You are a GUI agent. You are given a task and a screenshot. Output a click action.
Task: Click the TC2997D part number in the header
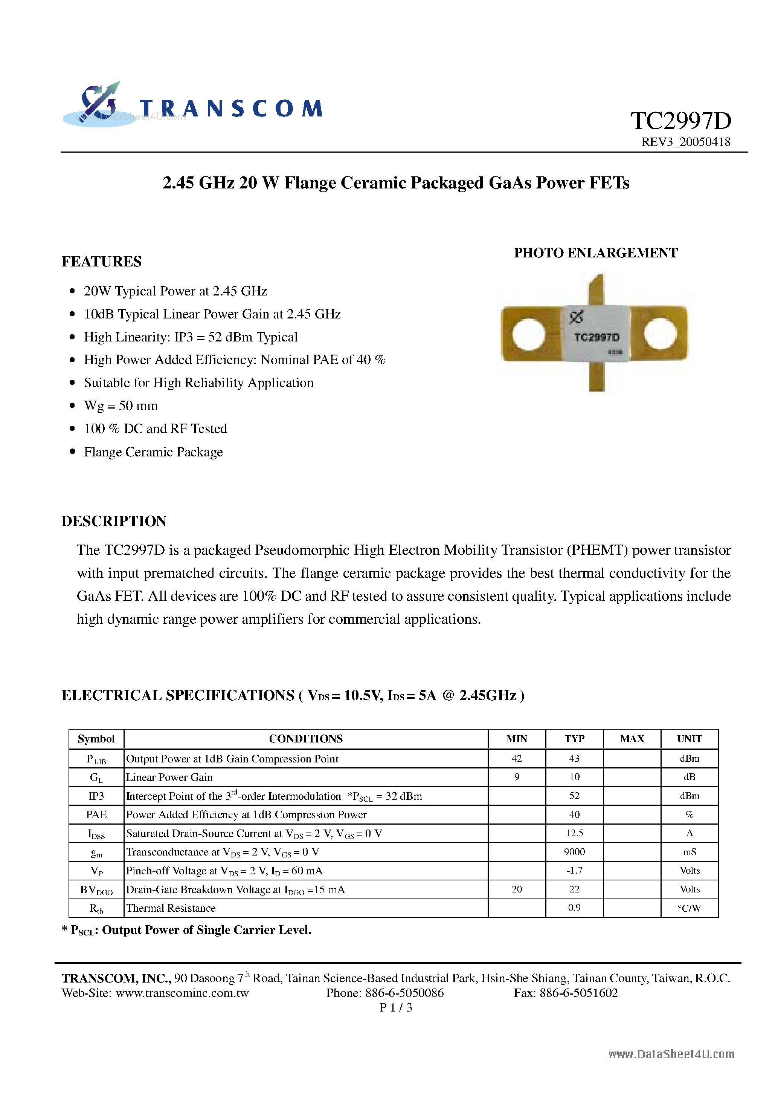(x=680, y=121)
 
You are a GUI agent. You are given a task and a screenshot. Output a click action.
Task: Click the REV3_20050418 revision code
(x=685, y=142)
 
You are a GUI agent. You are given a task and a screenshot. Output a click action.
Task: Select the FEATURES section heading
(x=102, y=262)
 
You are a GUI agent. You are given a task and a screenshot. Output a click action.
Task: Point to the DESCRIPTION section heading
(x=114, y=521)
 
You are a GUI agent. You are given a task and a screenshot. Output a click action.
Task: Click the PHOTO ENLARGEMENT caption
(x=596, y=253)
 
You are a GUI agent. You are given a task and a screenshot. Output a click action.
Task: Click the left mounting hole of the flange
(x=528, y=334)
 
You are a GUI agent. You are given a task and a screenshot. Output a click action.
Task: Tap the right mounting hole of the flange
(x=660, y=334)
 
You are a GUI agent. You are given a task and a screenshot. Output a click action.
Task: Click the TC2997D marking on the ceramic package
(x=597, y=337)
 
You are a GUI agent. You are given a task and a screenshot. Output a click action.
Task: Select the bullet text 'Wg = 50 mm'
(x=121, y=406)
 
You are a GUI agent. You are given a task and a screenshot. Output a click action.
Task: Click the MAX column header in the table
(x=632, y=739)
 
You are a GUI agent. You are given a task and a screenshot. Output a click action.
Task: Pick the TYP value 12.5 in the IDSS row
(x=574, y=833)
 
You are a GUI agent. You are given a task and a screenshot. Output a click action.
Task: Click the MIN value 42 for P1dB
(x=517, y=758)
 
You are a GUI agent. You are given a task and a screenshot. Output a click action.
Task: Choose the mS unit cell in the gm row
(x=689, y=852)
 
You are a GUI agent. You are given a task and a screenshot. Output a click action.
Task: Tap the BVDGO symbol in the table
(x=96, y=890)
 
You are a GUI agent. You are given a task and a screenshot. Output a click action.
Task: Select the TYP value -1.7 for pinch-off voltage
(x=574, y=871)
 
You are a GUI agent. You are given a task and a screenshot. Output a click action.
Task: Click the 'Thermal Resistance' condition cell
(x=171, y=908)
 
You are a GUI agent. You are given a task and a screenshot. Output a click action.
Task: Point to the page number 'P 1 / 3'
(x=396, y=1007)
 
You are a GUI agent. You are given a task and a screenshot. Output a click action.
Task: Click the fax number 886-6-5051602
(x=578, y=993)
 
